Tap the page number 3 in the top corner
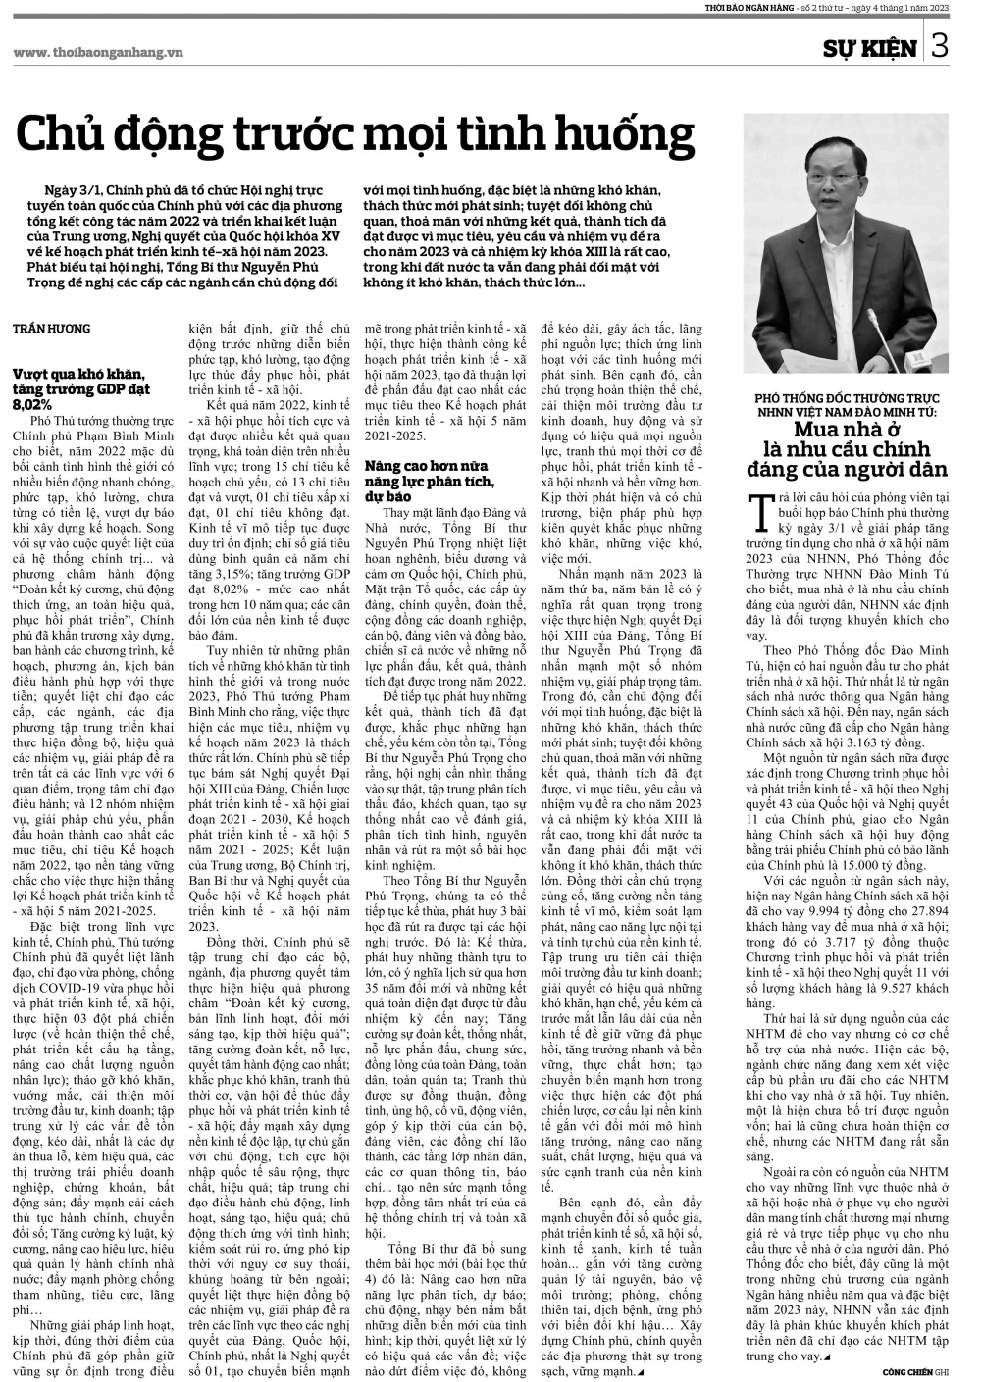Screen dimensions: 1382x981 coord(940,46)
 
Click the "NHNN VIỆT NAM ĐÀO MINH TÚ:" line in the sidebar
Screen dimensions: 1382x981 coord(847,412)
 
